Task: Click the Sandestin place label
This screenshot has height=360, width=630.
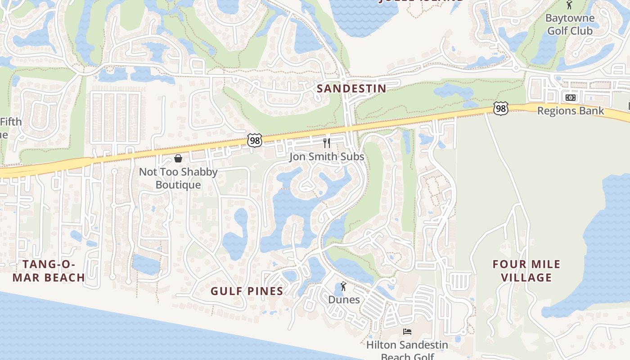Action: coord(351,88)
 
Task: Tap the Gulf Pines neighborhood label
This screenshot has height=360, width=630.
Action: coord(247,291)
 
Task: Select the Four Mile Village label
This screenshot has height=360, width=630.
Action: coord(526,270)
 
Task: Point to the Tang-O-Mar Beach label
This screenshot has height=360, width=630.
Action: coord(49,270)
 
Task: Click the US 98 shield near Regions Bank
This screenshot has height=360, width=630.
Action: coord(500,108)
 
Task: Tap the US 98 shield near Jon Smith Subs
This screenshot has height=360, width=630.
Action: coord(254,140)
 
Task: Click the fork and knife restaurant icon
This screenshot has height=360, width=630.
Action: coord(327,143)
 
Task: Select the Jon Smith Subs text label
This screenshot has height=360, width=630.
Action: coord(327,157)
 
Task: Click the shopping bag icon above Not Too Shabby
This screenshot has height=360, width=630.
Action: coord(178,158)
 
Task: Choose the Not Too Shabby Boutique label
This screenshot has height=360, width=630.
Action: coord(178,178)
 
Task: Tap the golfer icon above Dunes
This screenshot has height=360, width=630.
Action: coord(344,286)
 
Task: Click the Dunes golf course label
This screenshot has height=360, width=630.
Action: coord(344,300)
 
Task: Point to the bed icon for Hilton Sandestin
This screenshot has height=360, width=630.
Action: coord(407,332)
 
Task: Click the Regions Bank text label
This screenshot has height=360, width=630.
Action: coord(571,111)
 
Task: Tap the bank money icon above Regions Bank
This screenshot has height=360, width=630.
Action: coord(571,98)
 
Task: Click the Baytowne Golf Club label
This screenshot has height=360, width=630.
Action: coord(570,25)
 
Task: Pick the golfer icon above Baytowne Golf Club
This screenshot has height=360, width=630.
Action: coord(569,5)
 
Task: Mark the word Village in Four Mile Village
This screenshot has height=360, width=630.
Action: coord(526,277)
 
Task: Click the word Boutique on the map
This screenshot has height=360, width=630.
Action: coord(178,185)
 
